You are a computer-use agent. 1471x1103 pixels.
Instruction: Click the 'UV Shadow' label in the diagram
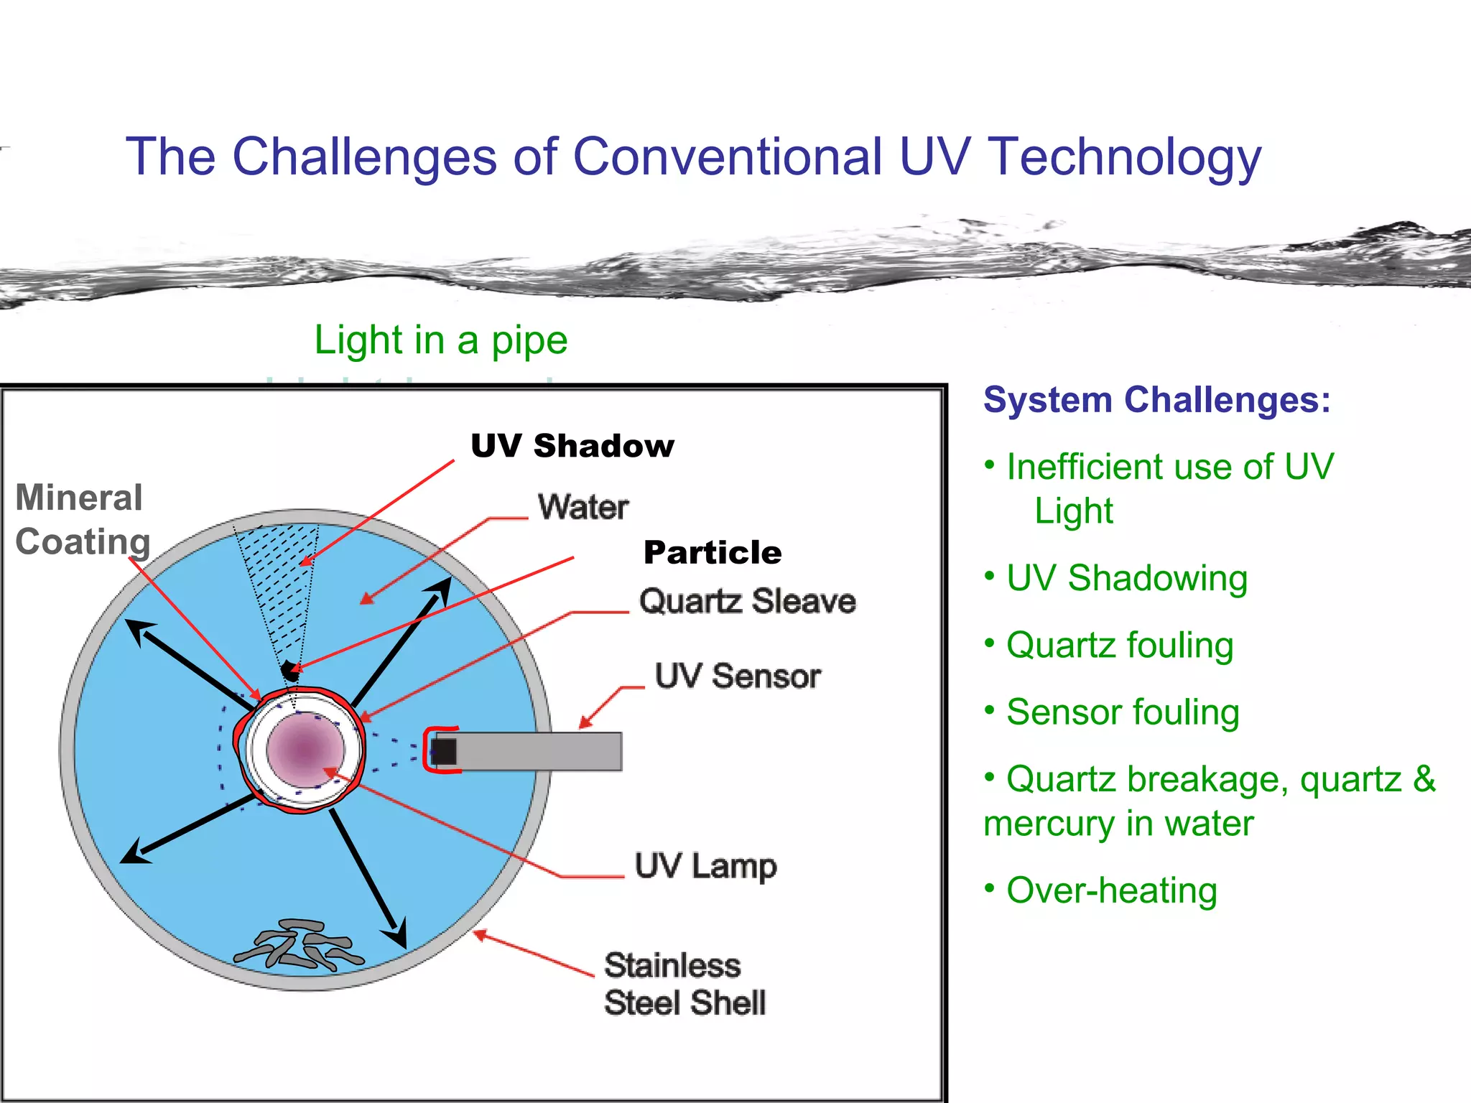click(x=572, y=446)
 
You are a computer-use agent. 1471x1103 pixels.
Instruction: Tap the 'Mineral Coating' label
click(x=82, y=520)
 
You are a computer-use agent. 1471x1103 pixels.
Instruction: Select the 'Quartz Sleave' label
click(x=747, y=601)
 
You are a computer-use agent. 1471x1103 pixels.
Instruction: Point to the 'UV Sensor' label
click(x=738, y=676)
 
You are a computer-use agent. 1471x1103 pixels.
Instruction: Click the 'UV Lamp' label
click(x=705, y=866)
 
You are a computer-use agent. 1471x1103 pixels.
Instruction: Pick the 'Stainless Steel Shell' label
click(x=684, y=984)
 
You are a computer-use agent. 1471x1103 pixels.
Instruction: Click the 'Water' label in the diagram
click(x=583, y=508)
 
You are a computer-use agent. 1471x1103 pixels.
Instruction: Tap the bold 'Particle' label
click(x=712, y=553)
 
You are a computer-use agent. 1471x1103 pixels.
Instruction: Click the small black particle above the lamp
click(x=290, y=671)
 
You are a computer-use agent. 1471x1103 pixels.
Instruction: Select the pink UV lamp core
click(x=305, y=749)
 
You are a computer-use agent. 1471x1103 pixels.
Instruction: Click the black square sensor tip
click(x=444, y=751)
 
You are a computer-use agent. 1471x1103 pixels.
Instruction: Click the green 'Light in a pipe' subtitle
click(x=440, y=340)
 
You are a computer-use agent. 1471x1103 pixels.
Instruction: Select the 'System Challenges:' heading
click(x=1156, y=400)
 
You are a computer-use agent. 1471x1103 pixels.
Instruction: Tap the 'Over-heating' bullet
click(x=1110, y=890)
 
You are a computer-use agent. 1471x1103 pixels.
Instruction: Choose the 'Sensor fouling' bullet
click(x=1122, y=712)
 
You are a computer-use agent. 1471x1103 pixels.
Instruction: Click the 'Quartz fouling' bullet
click(x=1119, y=645)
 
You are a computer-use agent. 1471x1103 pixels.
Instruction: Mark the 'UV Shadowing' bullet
click(x=1126, y=578)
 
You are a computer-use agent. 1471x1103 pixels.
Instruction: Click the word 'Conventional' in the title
click(x=727, y=157)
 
